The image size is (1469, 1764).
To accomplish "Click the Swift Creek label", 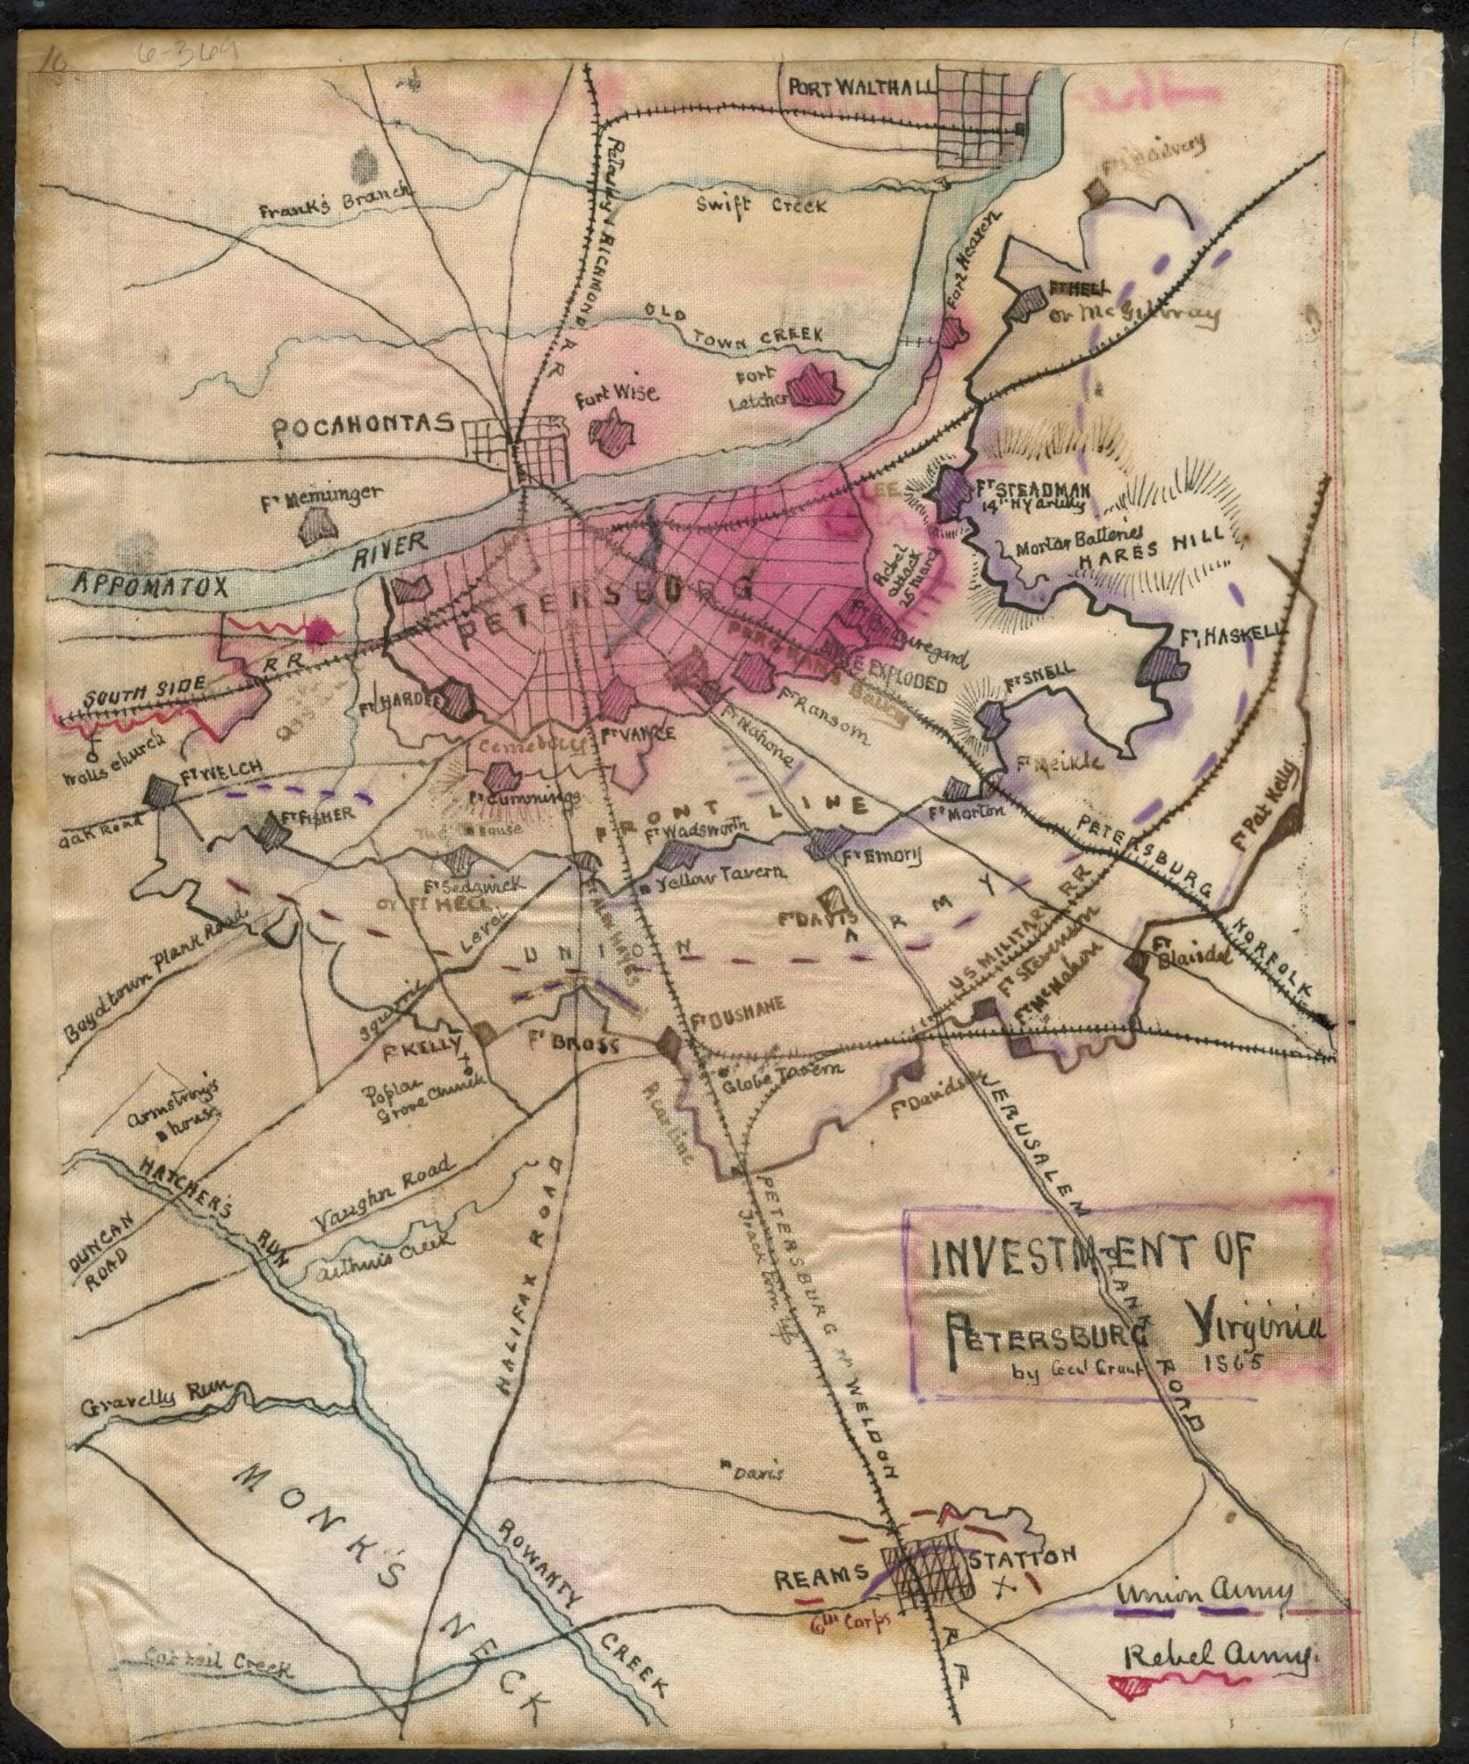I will click(762, 204).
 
